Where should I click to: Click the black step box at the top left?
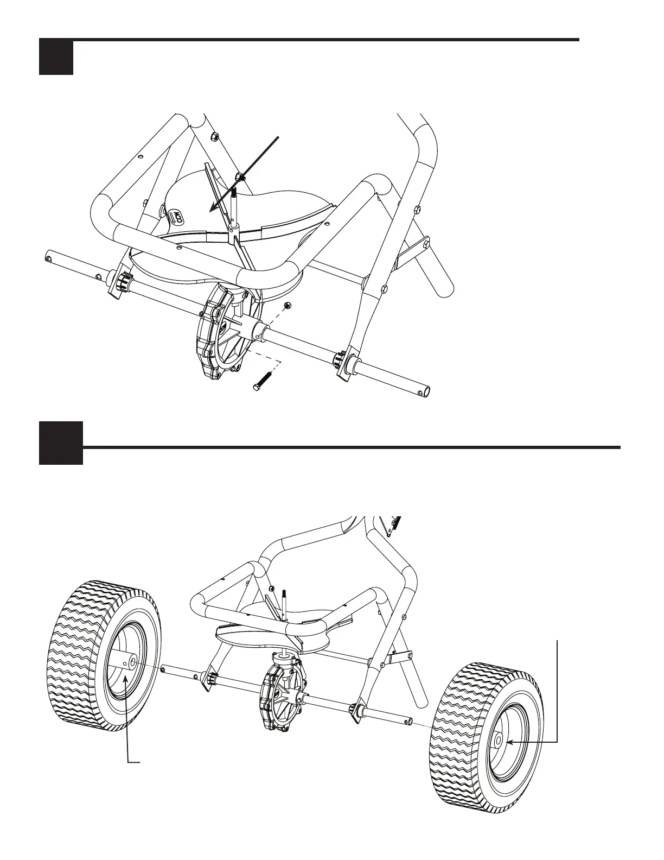[56, 57]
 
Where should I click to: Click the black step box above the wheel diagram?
[61, 442]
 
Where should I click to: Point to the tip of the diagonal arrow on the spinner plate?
[212, 209]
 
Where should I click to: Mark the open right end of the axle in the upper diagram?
[427, 391]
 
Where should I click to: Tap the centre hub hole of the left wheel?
[133, 663]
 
